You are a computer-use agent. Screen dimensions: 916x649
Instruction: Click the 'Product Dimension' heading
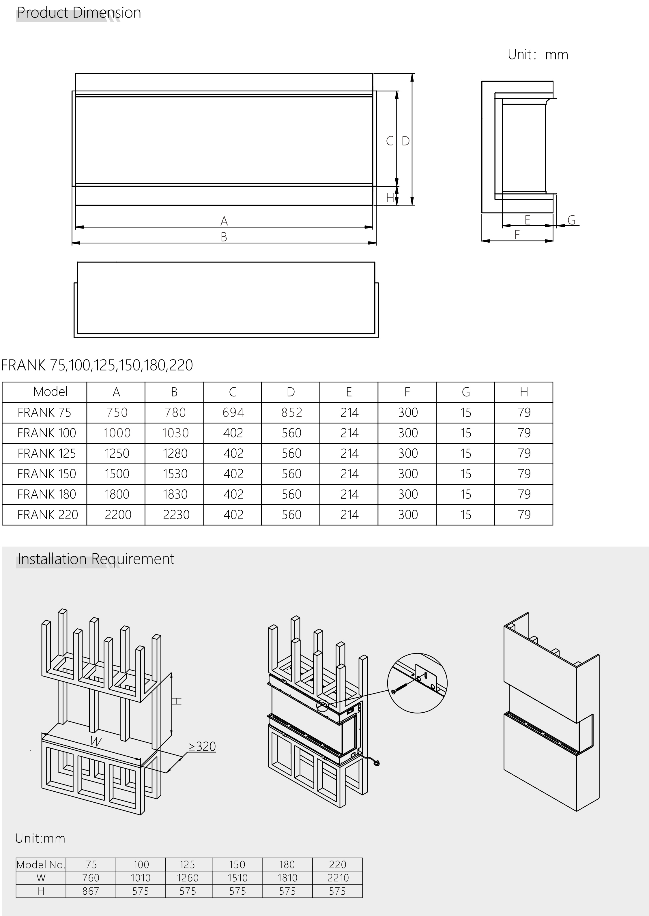click(x=79, y=13)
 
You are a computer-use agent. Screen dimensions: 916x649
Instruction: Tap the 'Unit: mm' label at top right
click(x=538, y=55)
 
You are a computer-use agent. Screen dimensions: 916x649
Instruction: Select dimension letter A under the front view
click(x=224, y=220)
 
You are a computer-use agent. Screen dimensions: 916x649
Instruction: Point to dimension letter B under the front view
click(x=224, y=237)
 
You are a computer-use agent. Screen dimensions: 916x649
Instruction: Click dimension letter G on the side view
click(x=571, y=220)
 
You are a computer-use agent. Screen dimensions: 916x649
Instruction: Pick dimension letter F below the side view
click(x=517, y=235)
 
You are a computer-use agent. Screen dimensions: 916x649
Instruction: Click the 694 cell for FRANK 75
click(x=233, y=413)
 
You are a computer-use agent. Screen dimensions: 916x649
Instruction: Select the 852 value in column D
click(x=291, y=413)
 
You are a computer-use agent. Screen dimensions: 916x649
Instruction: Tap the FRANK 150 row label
click(x=46, y=474)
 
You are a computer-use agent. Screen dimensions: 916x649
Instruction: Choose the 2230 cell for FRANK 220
click(x=176, y=514)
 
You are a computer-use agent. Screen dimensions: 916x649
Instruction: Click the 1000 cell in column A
click(x=117, y=433)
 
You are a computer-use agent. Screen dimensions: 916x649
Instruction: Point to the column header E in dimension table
click(x=349, y=392)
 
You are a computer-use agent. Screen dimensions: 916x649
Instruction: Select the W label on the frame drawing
click(x=96, y=741)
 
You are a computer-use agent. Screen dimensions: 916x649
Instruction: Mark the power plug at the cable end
click(x=377, y=763)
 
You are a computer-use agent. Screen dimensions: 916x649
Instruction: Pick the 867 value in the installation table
click(x=91, y=891)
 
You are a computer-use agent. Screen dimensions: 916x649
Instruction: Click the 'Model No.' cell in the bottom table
click(x=40, y=865)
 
